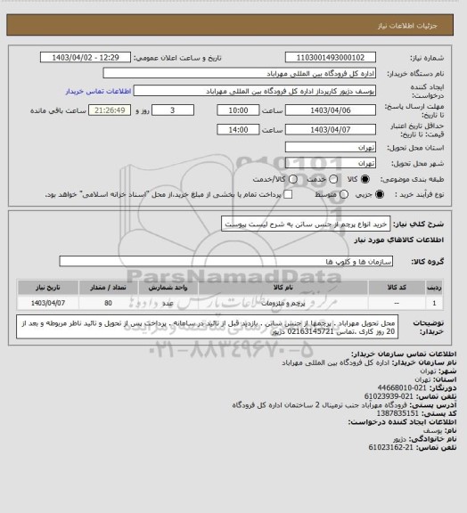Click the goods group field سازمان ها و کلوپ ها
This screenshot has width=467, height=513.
tap(232, 260)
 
